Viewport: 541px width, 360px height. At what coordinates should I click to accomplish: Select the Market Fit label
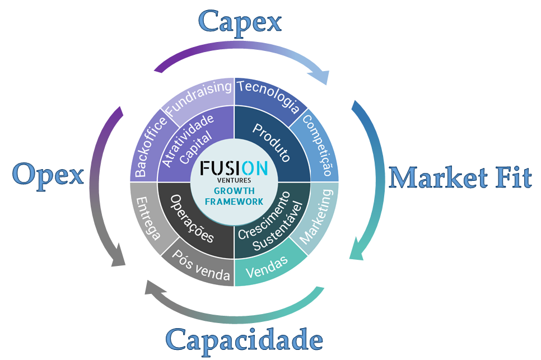[x=460, y=178]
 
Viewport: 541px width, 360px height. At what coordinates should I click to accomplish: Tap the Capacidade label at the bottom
[x=244, y=339]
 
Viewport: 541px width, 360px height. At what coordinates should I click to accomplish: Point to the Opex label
[x=48, y=175]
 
